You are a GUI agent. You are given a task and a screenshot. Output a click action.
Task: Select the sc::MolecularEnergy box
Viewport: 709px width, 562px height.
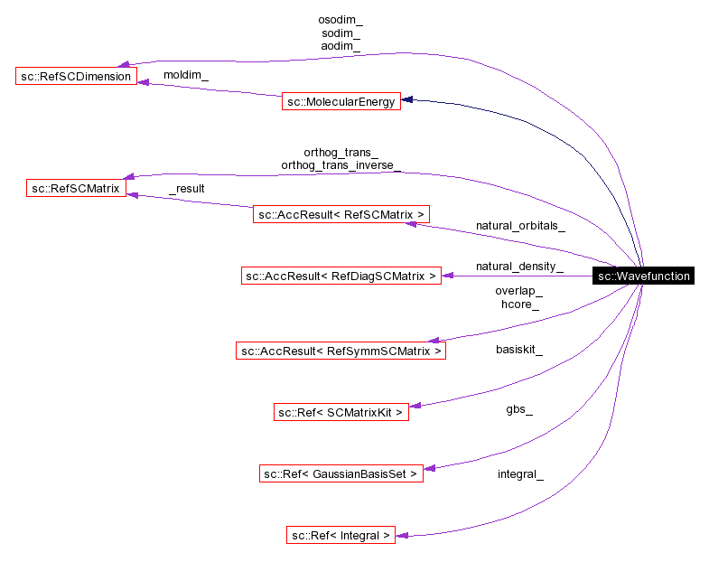341,102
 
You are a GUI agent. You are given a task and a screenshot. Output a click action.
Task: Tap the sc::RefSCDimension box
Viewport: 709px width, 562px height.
76,76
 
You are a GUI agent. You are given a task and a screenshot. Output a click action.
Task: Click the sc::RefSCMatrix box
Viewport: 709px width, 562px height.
76,188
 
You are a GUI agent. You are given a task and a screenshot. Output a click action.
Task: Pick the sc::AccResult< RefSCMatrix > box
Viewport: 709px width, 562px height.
341,214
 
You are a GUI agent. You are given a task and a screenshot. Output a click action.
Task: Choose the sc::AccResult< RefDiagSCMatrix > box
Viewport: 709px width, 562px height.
341,276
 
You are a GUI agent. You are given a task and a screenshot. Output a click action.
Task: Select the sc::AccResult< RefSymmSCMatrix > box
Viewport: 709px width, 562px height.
341,351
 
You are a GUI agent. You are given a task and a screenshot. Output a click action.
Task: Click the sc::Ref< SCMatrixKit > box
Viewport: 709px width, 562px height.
341,412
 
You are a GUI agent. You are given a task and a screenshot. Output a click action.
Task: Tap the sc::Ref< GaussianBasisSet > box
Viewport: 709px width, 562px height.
341,473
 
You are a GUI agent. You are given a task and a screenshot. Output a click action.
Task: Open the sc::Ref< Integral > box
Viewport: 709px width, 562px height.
341,535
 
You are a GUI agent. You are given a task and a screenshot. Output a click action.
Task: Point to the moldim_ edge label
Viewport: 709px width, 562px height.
185,74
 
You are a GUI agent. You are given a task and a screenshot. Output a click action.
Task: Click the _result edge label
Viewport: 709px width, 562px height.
186,188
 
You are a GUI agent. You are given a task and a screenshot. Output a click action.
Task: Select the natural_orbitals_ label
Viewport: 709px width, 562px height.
520,226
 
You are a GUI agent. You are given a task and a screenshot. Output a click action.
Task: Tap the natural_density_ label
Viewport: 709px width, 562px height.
519,267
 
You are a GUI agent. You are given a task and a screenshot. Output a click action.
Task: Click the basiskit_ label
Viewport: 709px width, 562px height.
518,349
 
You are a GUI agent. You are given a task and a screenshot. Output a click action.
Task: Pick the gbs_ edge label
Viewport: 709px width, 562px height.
518,409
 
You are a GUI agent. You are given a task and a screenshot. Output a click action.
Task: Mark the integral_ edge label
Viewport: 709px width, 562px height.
519,473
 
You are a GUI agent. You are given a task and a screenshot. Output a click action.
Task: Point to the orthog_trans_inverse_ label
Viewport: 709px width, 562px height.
341,165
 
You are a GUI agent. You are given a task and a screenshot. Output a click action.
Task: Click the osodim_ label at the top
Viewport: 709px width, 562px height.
341,18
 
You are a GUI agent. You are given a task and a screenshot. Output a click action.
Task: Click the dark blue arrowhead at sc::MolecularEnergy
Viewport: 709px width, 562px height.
407,99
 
